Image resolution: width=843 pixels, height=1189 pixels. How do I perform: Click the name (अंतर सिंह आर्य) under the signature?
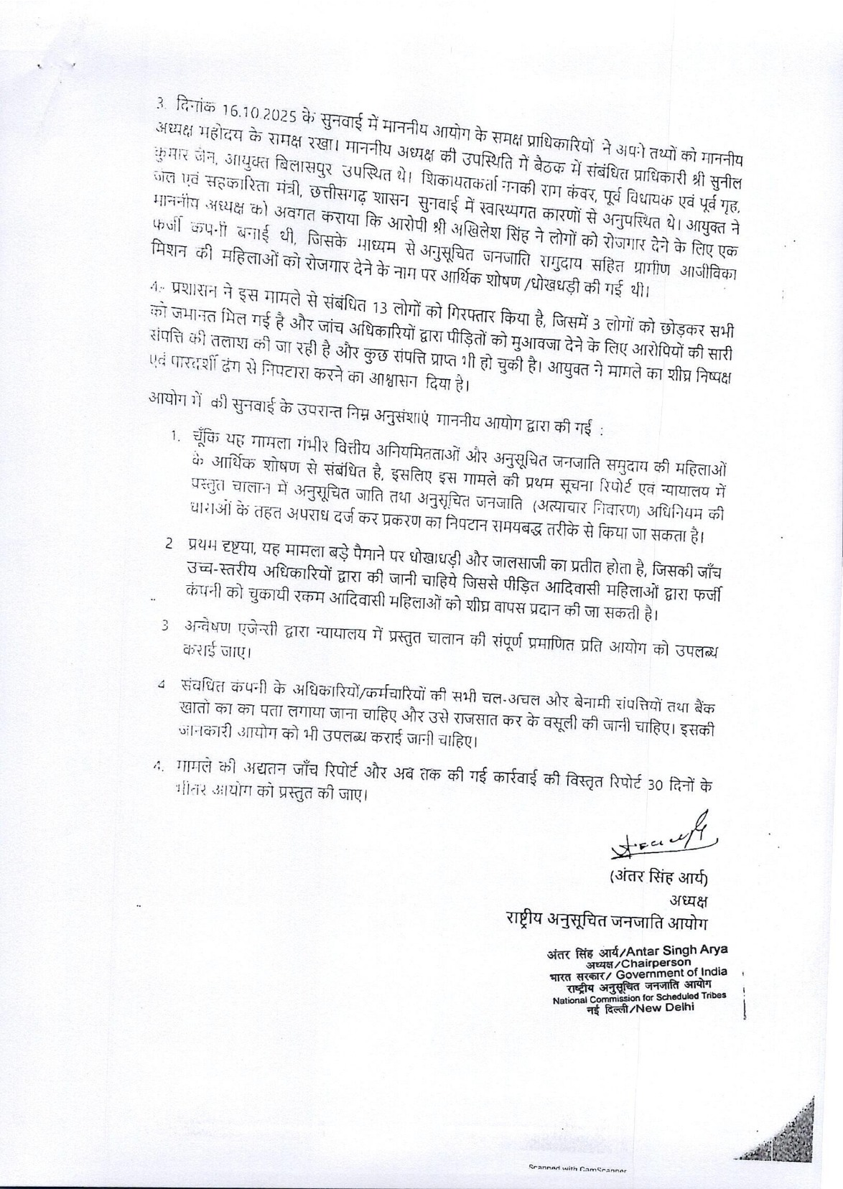[x=658, y=877]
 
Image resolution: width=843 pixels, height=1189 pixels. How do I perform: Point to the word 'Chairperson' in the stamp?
[x=656, y=962]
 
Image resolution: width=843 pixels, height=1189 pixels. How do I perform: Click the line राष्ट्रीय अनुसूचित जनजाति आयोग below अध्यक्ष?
[x=606, y=921]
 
